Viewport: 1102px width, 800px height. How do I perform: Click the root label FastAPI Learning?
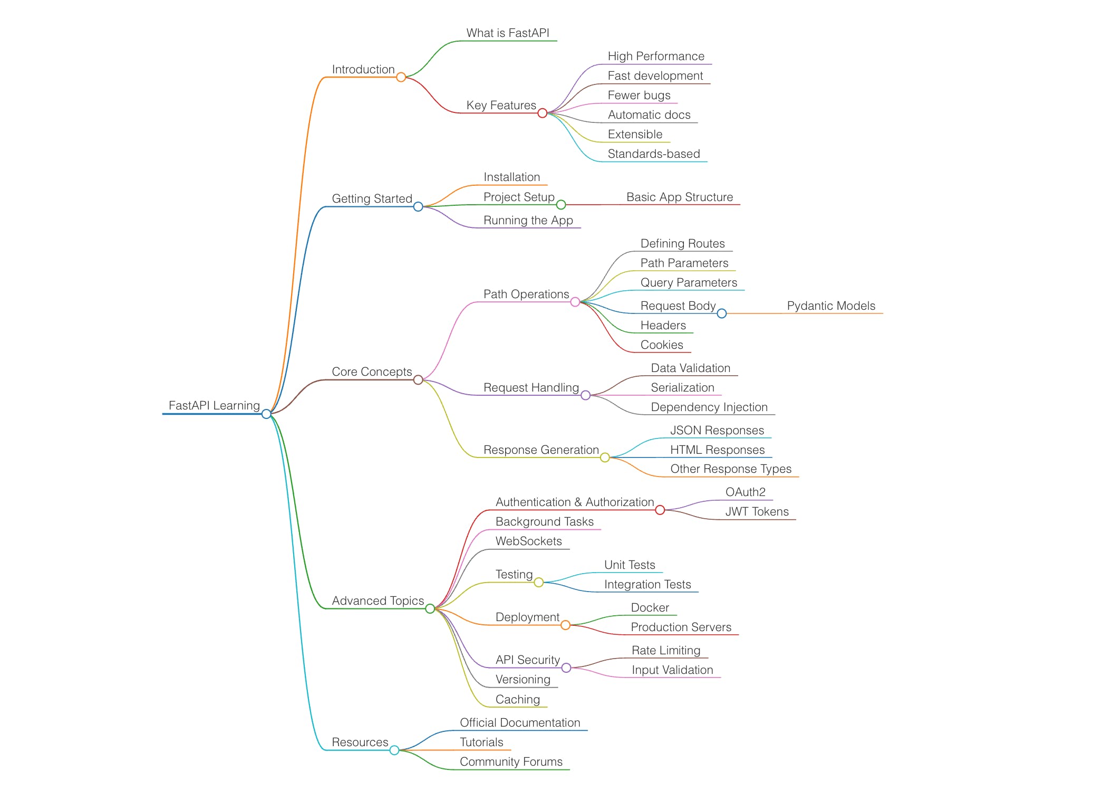click(x=214, y=405)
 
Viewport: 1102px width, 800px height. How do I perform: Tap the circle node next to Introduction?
click(x=401, y=77)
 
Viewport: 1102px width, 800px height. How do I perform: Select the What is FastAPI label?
click(x=507, y=33)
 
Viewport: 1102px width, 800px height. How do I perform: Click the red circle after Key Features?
click(x=542, y=113)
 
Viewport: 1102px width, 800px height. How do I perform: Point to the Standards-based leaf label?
click(x=653, y=154)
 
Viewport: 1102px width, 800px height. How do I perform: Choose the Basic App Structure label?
click(x=679, y=197)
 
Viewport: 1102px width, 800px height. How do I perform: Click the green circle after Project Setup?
click(x=561, y=205)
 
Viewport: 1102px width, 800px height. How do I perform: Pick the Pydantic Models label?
click(x=830, y=306)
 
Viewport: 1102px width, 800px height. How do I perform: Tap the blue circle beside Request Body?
click(x=722, y=313)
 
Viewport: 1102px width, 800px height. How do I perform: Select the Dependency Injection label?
click(x=709, y=407)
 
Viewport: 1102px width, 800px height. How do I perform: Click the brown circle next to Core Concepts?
click(x=418, y=380)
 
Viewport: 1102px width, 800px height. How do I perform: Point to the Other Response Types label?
click(x=730, y=469)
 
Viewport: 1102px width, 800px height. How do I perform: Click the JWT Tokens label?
click(x=757, y=511)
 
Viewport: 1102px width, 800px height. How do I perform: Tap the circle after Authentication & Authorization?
click(x=660, y=510)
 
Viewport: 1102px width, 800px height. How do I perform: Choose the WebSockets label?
click(x=528, y=541)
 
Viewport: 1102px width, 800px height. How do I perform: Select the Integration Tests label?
click(x=647, y=584)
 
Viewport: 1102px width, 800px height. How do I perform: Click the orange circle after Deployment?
click(x=565, y=625)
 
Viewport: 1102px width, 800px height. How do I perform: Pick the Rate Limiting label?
click(x=666, y=650)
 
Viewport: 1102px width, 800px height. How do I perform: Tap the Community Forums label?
click(x=510, y=761)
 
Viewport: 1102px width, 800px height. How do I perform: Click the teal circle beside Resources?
click(x=394, y=750)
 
